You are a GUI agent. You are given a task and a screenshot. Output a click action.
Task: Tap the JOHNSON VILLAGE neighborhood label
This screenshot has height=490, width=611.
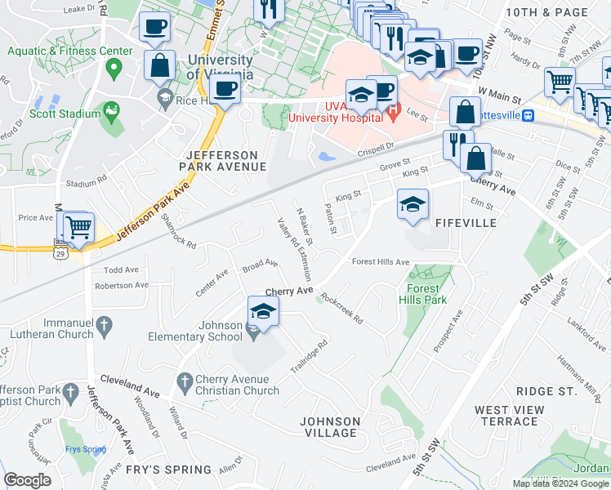pos(330,427)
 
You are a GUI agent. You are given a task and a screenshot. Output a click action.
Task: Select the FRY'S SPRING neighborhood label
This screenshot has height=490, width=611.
pos(169,470)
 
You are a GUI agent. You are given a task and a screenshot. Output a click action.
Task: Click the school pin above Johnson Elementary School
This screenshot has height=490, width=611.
pos(263,312)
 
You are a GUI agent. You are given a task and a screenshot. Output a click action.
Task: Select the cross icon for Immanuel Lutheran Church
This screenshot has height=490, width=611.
pos(104,326)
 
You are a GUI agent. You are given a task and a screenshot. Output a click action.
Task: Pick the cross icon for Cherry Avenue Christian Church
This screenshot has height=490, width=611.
pos(185,381)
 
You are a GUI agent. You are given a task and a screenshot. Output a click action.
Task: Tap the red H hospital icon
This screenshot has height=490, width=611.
pos(393,111)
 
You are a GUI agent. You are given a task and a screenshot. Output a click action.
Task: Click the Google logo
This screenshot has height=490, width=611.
pos(27,480)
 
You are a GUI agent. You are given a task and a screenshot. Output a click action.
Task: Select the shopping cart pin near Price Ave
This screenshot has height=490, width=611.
pos(78,228)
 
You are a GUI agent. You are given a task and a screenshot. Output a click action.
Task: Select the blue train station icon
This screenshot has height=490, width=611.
pos(528,115)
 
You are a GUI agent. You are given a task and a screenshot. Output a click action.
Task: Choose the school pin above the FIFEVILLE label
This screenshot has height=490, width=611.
pos(413,204)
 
